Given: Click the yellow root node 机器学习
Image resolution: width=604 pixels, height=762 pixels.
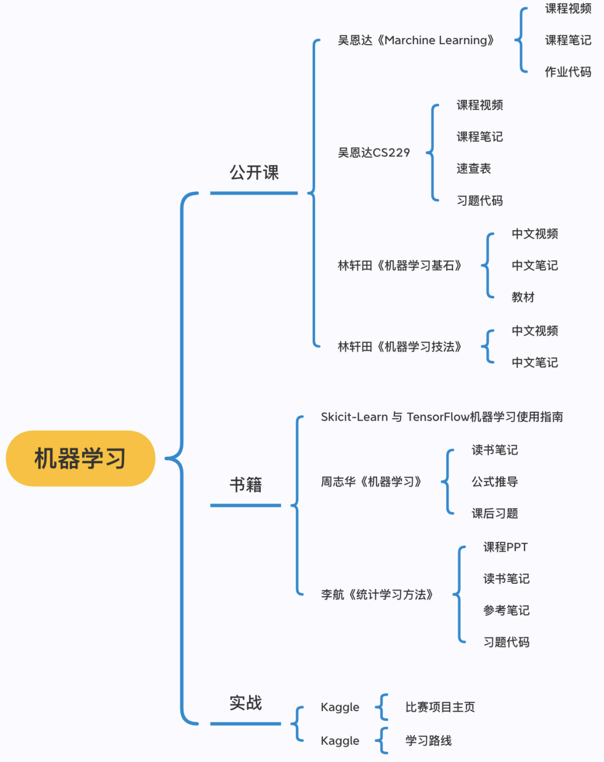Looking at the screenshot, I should coord(80,458).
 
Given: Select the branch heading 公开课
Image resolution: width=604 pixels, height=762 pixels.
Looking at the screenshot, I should coord(254,173).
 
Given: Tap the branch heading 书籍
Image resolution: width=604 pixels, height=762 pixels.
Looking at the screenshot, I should coord(246,484).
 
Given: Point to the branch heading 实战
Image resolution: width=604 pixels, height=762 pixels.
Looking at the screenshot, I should coord(246,703).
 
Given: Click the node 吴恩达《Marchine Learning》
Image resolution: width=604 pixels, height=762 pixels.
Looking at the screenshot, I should coord(416,40).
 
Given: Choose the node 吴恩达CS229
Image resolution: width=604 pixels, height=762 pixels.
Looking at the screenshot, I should coord(374,153).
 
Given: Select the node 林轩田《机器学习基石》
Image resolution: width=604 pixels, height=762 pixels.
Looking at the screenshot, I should coord(400,265).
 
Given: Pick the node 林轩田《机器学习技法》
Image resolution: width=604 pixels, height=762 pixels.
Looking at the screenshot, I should coord(400,347).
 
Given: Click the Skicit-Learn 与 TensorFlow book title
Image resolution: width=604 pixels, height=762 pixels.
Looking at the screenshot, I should coord(442,417).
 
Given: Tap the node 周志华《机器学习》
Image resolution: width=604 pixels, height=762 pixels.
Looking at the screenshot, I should coord(371,482).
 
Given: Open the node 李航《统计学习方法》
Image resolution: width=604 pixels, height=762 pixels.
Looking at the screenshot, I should coord(377,594).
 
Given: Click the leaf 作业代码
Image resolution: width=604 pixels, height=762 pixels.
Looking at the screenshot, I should coord(568,72).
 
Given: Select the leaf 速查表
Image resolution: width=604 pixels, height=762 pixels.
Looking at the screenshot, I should coord(473,169).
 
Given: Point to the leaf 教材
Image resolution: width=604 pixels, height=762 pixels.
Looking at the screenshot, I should coord(523,297).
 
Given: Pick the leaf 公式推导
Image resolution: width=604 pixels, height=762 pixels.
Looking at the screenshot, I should coord(494,482).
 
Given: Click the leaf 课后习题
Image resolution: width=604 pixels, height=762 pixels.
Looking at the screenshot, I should coord(494,513).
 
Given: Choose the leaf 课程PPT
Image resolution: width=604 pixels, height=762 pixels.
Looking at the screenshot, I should coord(505,547).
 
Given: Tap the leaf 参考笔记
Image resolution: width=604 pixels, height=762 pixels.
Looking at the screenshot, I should coord(506,611).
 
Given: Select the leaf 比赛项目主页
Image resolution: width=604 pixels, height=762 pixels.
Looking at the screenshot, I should coord(440,707).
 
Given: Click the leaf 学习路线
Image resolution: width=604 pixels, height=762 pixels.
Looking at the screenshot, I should coord(428,741).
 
